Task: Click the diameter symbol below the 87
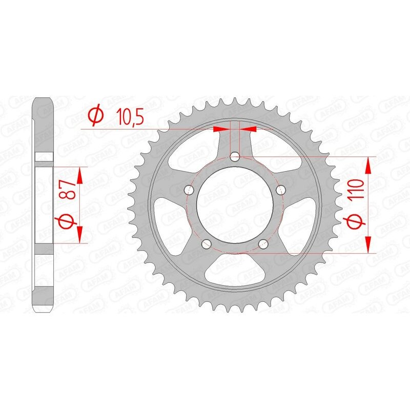70,221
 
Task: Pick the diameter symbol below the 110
358,221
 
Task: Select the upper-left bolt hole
191,190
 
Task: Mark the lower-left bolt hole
207,243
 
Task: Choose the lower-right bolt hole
263,243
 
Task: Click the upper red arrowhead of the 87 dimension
79,175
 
